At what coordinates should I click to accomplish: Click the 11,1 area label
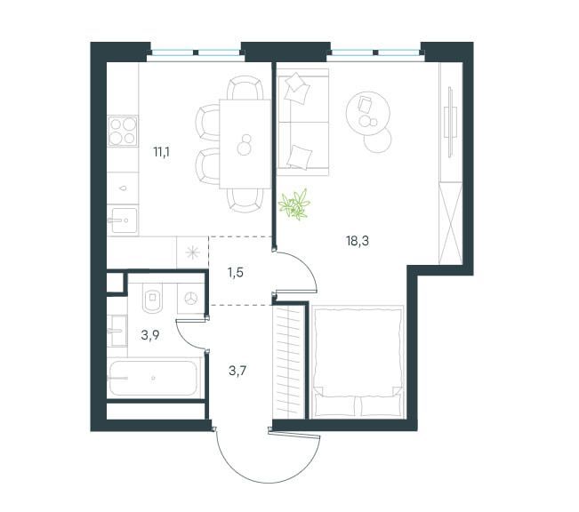point(161,152)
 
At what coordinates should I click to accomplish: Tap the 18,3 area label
point(358,238)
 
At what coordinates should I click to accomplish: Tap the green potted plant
point(294,204)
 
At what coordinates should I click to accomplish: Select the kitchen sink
point(122,219)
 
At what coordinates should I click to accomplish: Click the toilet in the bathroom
point(152,299)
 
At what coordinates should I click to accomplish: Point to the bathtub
point(155,378)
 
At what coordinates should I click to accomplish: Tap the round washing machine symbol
point(191,298)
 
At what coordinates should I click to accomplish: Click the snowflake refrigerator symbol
point(191,251)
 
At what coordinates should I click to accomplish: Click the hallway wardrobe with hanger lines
point(287,360)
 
